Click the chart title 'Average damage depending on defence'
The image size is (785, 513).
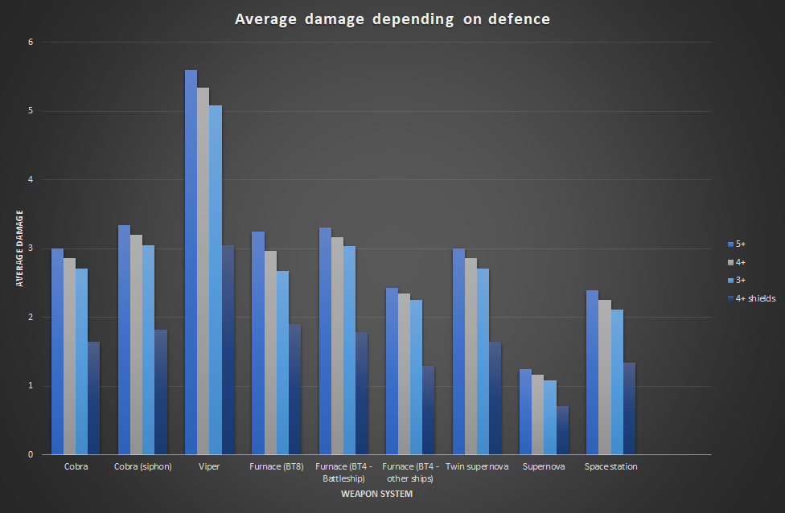point(392,19)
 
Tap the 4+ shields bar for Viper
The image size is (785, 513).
point(228,350)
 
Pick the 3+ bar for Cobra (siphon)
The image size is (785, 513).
point(149,350)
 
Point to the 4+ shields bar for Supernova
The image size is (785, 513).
point(562,430)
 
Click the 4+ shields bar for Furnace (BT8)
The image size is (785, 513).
point(294,389)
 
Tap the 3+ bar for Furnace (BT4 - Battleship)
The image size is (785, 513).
point(349,350)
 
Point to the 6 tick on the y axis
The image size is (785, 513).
point(31,42)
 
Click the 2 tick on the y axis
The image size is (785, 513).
point(31,317)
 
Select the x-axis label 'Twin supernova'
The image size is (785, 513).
point(476,466)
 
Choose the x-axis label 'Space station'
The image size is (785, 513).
point(610,466)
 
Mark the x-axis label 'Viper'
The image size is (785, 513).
point(209,466)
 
